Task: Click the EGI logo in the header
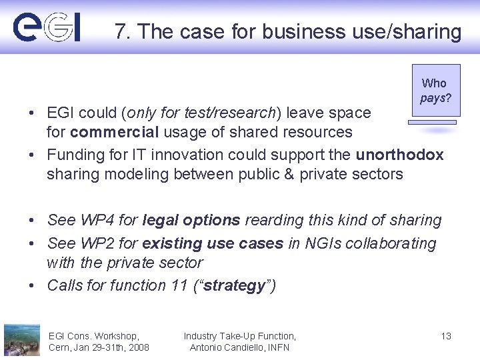47,27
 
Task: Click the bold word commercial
110,133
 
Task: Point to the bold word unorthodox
399,155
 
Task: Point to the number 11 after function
179,285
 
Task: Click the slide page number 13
446,336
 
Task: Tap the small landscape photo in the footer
22,339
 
